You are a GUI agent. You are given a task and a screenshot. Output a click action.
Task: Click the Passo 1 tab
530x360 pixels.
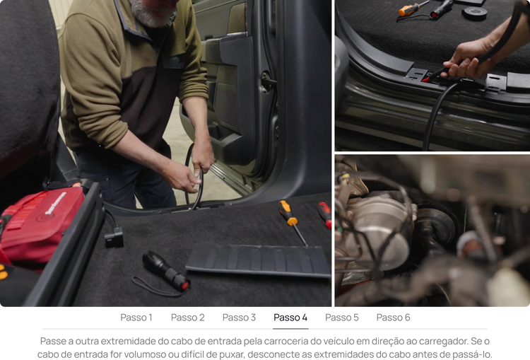(136, 318)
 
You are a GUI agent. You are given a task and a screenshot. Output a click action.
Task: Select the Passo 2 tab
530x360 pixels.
(187, 318)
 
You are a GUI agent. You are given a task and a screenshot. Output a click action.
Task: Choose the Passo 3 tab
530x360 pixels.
(239, 318)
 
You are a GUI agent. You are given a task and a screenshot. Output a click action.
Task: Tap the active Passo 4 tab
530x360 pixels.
(290, 318)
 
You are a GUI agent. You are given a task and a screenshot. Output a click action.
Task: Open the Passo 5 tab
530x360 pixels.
(342, 318)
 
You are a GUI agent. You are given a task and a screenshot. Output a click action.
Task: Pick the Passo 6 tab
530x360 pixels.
(393, 318)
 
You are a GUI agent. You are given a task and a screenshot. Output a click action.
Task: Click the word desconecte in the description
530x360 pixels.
(271, 354)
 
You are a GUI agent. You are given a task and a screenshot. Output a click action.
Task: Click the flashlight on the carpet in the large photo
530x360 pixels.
(166, 271)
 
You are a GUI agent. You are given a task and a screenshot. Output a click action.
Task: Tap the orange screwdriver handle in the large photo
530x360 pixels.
(288, 213)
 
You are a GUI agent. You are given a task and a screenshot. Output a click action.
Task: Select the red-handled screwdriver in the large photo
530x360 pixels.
(325, 215)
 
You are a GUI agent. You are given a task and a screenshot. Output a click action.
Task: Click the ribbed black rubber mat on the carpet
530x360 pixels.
(259, 260)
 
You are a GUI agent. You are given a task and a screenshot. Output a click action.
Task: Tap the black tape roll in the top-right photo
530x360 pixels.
(475, 13)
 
